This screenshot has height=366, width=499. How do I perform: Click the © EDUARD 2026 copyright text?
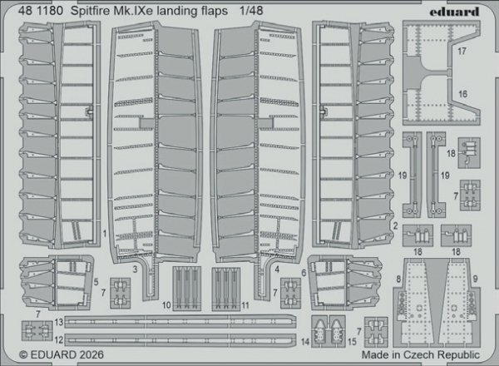43,357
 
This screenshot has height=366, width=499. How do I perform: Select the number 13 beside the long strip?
59,321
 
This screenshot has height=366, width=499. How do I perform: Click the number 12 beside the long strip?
59,339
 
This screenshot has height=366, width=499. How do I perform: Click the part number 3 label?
135,270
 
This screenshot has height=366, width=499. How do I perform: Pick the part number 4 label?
276,270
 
